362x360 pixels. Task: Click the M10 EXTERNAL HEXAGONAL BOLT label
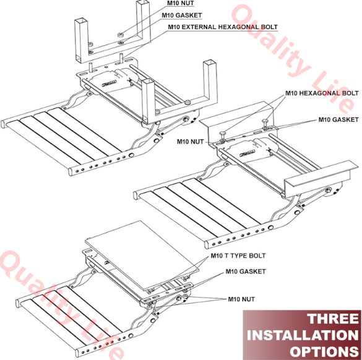click(222, 27)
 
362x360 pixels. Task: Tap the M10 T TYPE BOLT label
click(238, 255)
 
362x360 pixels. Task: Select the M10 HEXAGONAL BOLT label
click(322, 93)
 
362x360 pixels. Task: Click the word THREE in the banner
click(333, 319)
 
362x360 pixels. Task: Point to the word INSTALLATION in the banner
click(303, 335)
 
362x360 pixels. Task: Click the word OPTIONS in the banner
click(324, 352)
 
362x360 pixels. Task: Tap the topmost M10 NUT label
click(181, 4)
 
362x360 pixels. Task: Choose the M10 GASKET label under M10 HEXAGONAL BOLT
click(338, 119)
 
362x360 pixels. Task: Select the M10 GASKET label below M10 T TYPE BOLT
click(246, 272)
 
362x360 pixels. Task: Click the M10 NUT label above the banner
click(241, 299)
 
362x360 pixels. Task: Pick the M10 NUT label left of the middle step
click(190, 142)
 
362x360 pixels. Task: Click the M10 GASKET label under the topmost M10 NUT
click(182, 15)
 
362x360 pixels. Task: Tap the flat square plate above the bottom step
click(142, 255)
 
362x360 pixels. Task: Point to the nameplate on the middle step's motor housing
click(248, 153)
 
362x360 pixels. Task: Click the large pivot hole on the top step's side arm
click(157, 140)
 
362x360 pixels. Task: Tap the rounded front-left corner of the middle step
click(136, 195)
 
